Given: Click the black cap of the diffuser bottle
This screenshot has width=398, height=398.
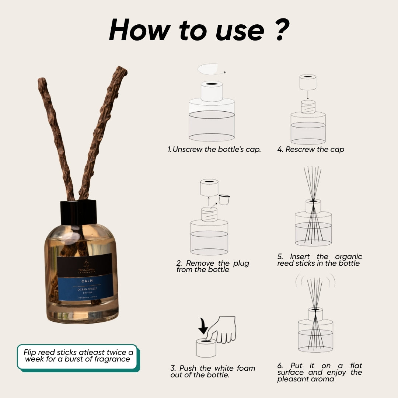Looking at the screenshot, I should point(78,212).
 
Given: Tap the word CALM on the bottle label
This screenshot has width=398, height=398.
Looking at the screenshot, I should point(85,281).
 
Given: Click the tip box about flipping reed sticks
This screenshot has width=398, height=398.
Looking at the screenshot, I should point(77,356).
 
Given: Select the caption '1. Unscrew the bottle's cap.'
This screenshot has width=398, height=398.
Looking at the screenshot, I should point(214,150).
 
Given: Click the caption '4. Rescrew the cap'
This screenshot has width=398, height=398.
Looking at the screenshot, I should point(311,150).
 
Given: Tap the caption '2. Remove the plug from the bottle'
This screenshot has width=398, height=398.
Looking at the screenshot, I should point(213,266).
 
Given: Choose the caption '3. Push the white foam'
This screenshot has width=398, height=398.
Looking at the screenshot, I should point(213,371).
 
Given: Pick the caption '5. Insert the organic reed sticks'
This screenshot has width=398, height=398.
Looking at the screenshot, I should point(320,260).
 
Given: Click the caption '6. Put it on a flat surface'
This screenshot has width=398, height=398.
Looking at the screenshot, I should point(320,372).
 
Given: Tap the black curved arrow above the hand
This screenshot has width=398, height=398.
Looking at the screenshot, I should point(203,324).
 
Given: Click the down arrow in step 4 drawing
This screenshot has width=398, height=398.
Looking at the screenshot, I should point(308,95).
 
